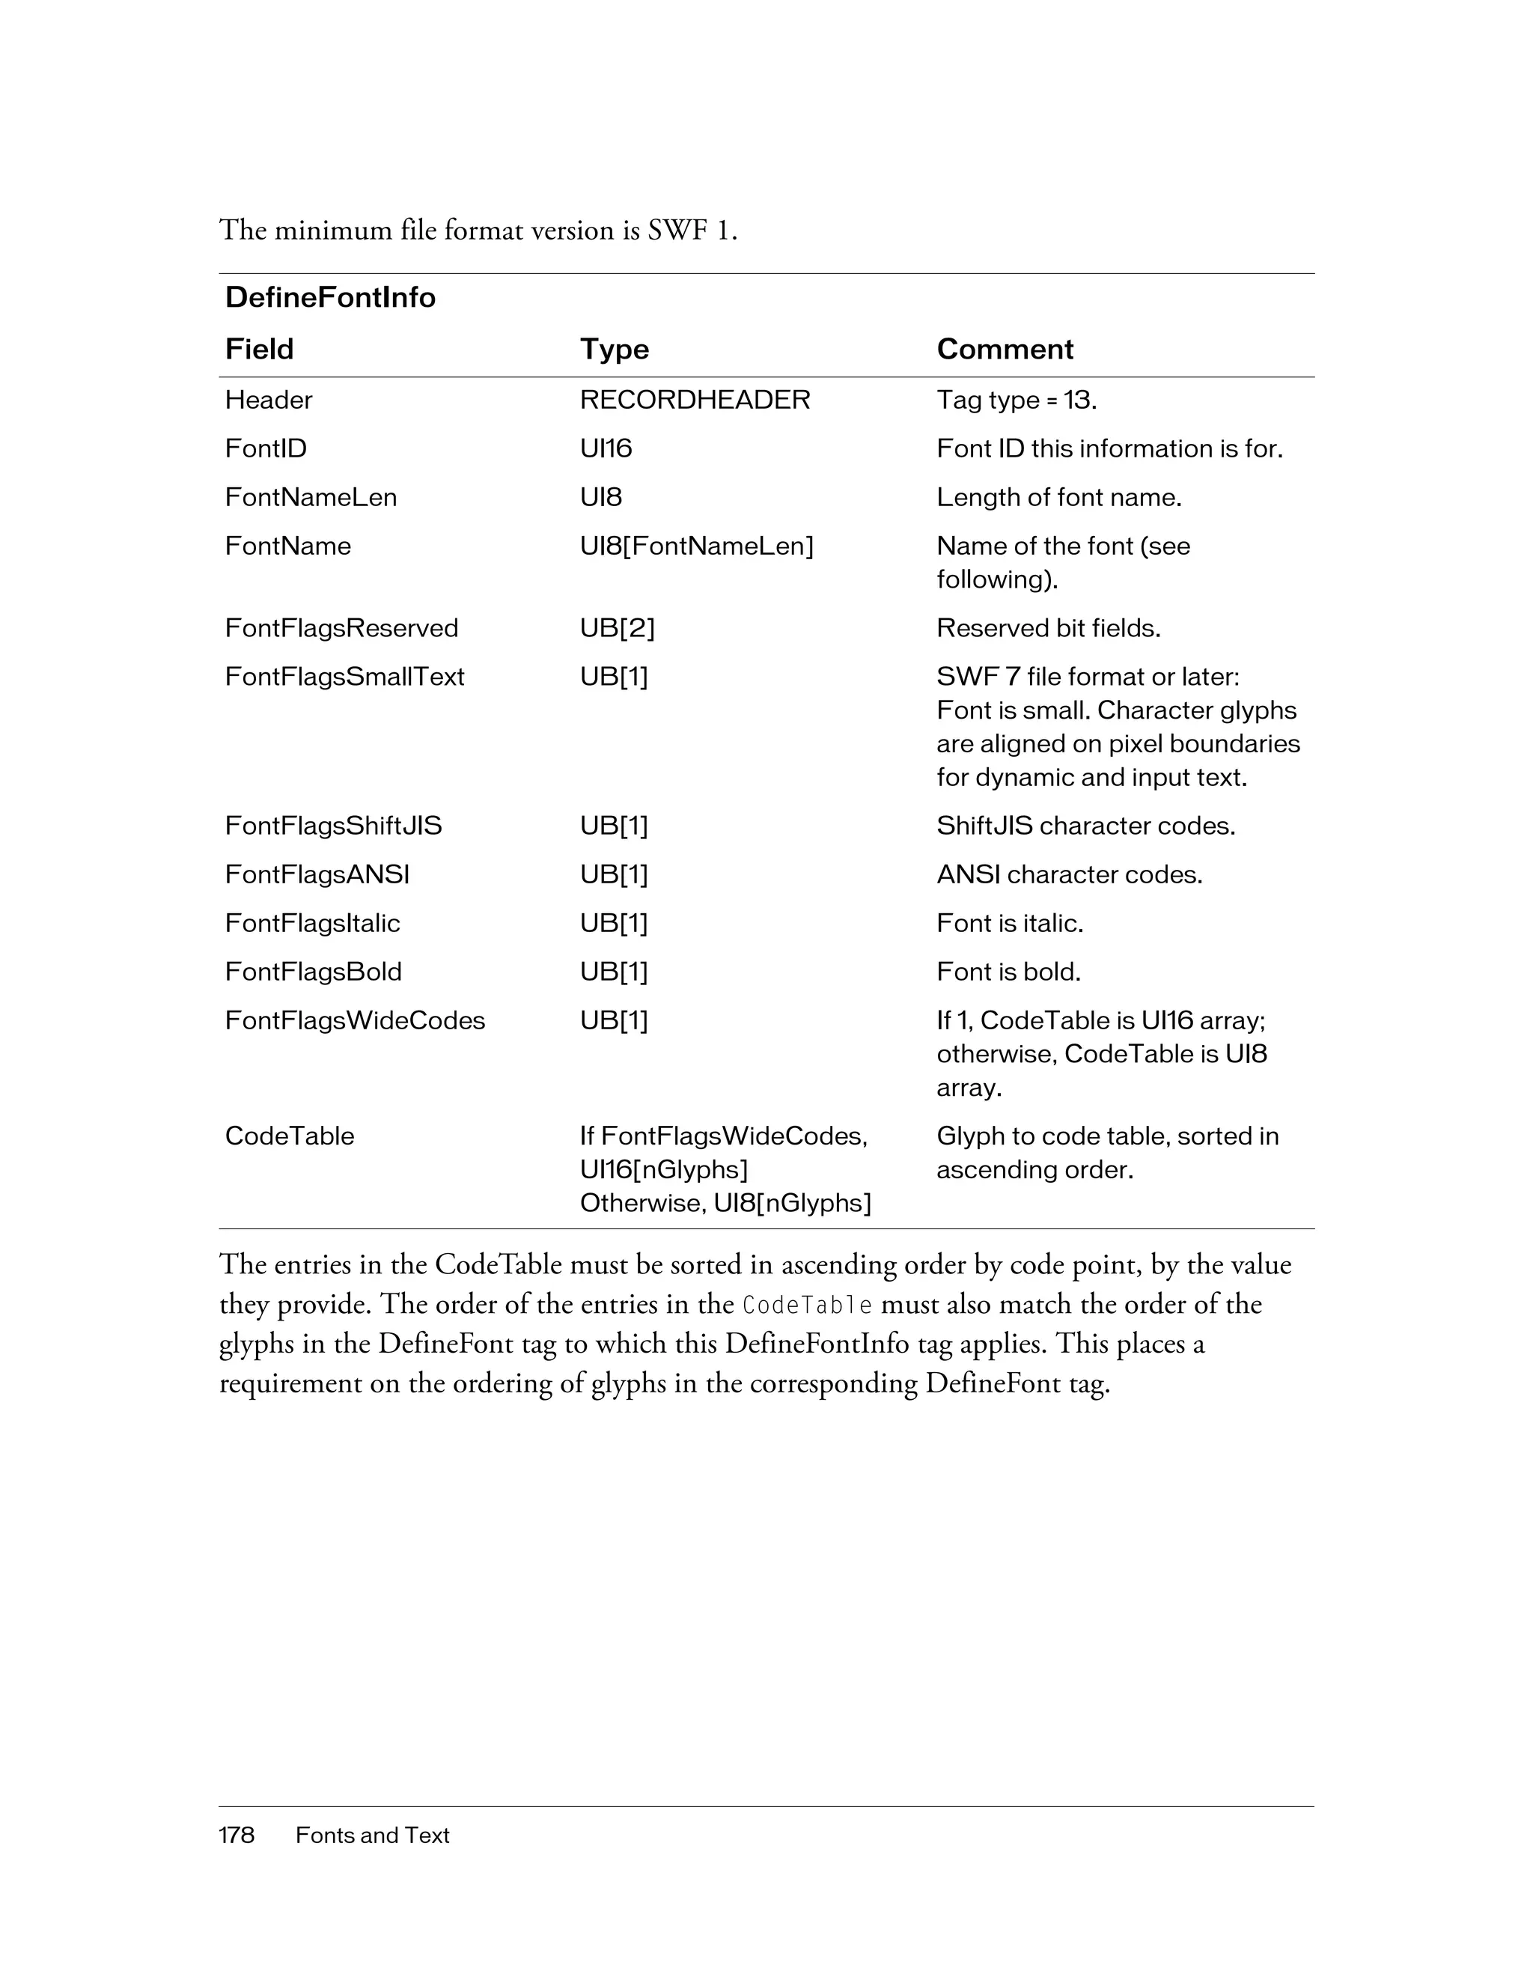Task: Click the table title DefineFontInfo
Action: tap(329, 298)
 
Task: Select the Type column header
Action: tap(615, 350)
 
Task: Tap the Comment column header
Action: tap(1005, 350)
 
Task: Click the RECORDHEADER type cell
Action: tap(695, 400)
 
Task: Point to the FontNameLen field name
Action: tap(311, 497)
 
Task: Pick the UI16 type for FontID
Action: tap(606, 448)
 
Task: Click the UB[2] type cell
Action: tap(618, 628)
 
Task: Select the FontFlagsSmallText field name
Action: tap(344, 677)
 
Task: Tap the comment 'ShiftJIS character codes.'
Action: tap(1085, 826)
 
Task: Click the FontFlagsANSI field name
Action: tap(317, 874)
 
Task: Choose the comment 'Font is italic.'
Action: tap(1010, 923)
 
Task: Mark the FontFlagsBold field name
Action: tap(313, 972)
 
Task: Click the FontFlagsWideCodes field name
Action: tap(355, 1021)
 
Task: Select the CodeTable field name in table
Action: tap(289, 1136)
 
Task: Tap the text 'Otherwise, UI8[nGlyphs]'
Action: tap(725, 1203)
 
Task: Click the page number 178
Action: tap(237, 1835)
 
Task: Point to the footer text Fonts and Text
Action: tap(372, 1835)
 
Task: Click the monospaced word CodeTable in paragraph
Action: tap(807, 1306)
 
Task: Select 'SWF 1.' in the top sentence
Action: tap(692, 231)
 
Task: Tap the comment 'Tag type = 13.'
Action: tap(1016, 400)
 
